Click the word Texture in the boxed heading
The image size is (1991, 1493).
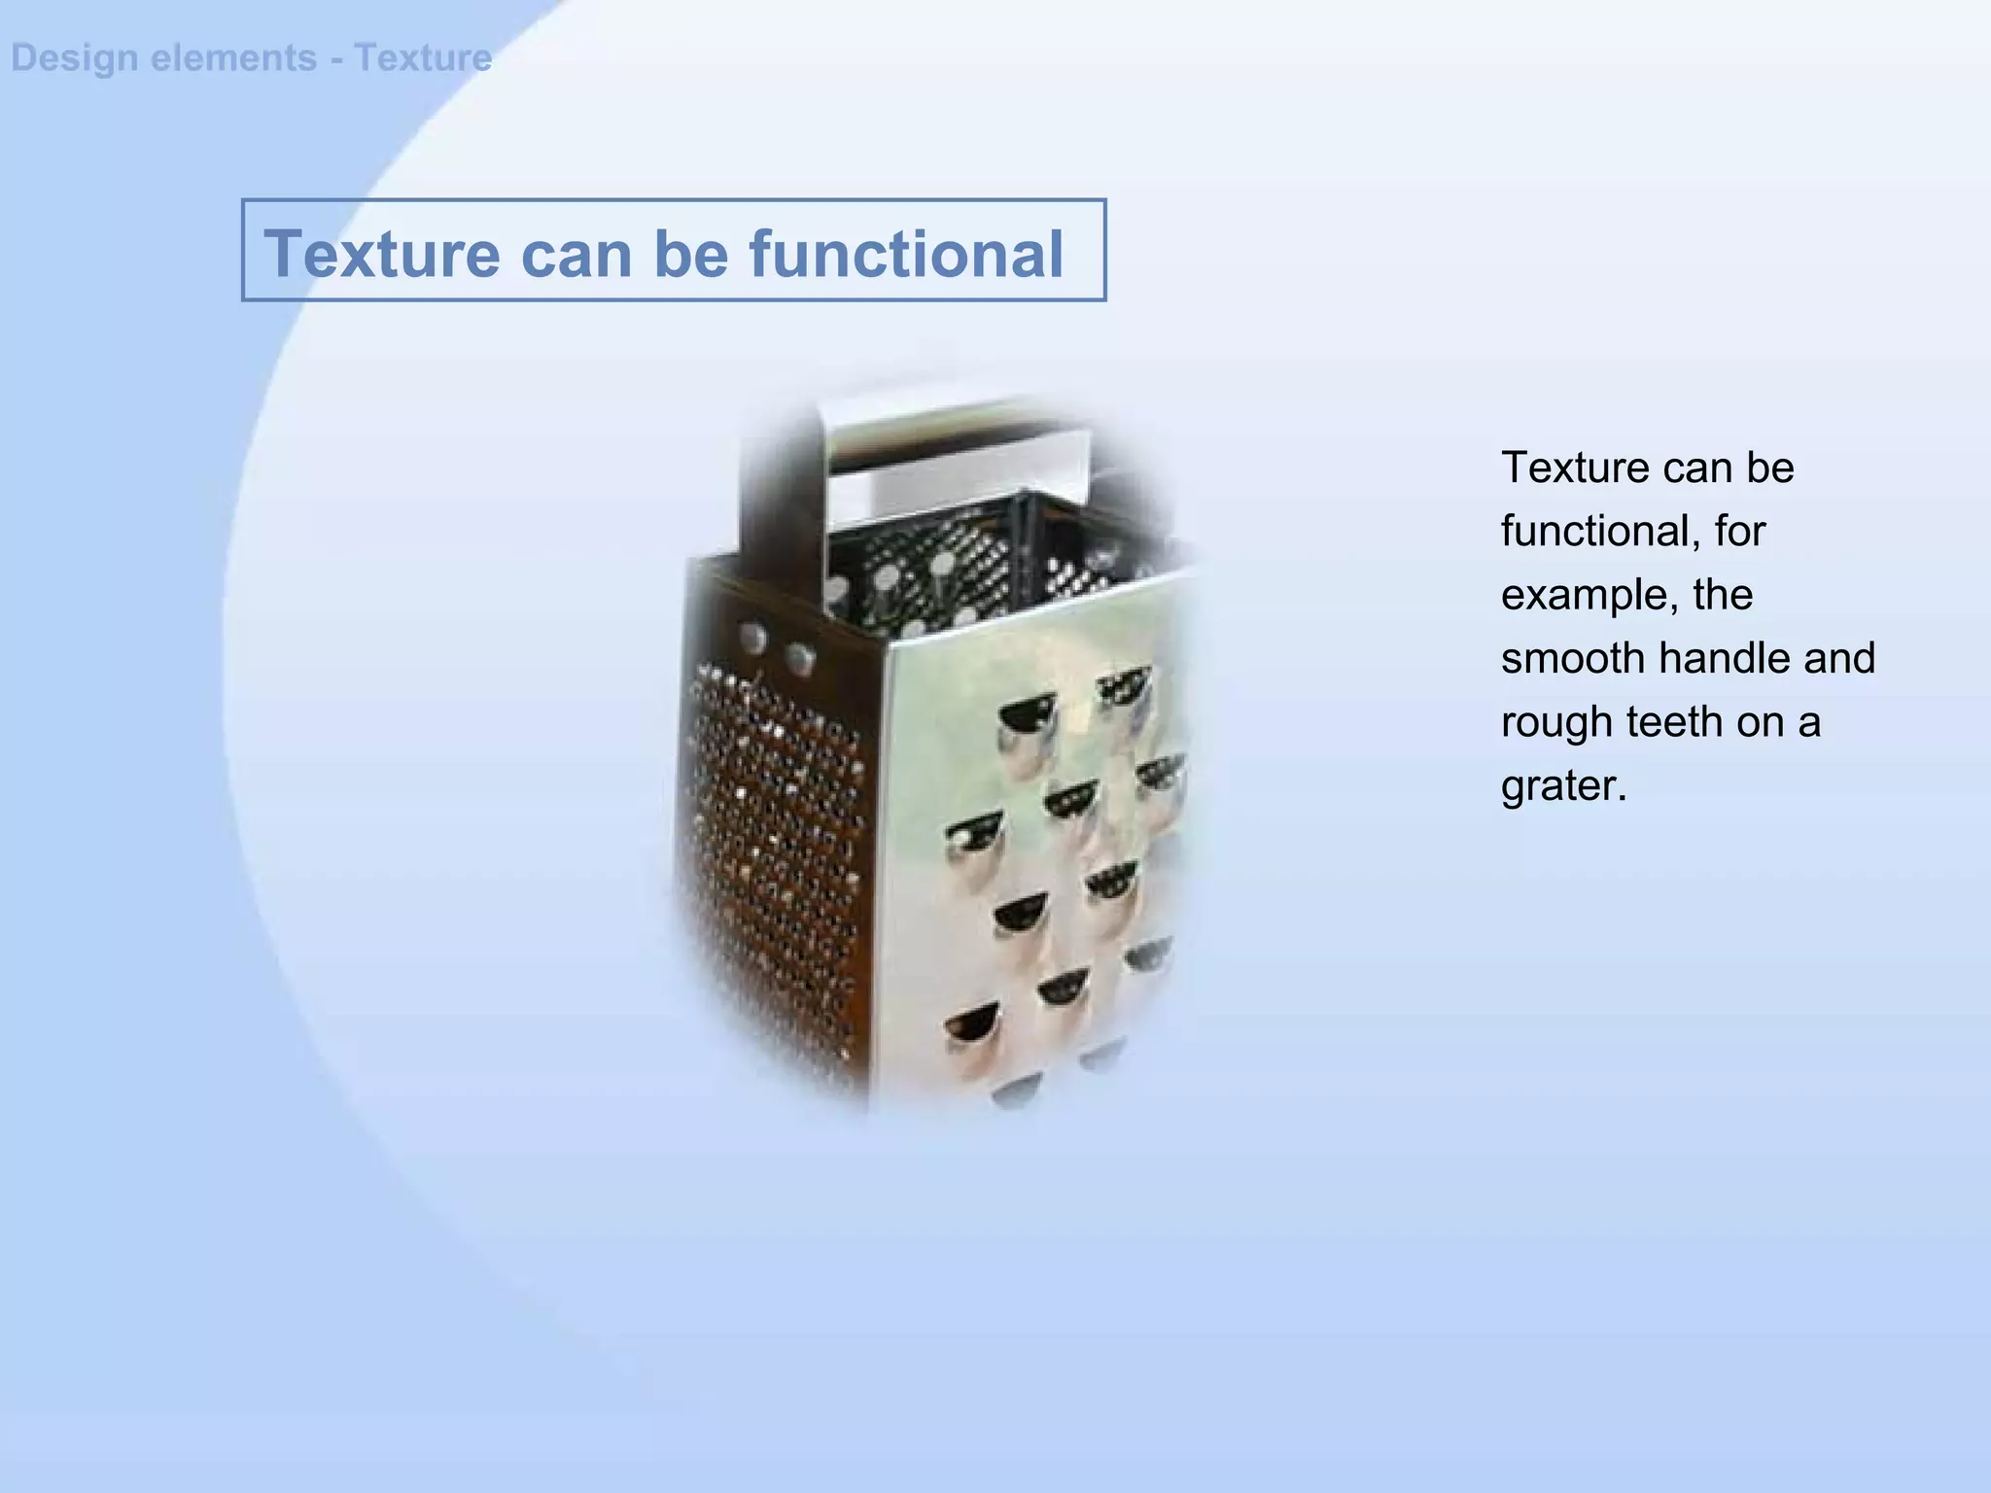click(381, 254)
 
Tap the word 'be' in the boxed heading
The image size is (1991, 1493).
click(690, 254)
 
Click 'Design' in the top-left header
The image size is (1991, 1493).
click(74, 58)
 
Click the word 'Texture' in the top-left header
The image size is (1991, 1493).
click(423, 58)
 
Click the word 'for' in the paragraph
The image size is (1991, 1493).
click(1740, 531)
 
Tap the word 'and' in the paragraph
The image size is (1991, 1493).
click(1840, 658)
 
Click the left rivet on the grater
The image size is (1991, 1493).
click(753, 639)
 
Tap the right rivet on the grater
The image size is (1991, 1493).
click(800, 658)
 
